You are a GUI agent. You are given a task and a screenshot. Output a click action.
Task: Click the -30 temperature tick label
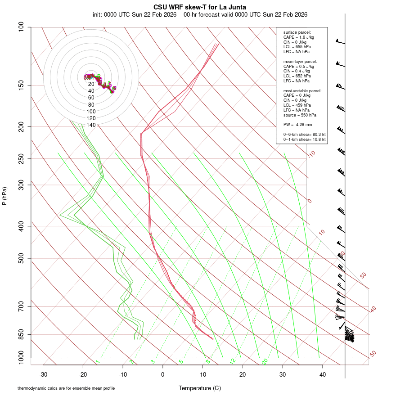[43, 374]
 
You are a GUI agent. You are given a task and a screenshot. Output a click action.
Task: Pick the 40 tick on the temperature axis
[322, 374]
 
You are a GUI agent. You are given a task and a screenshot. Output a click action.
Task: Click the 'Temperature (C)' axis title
[200, 388]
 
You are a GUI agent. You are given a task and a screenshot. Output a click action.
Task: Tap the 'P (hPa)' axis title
[4, 196]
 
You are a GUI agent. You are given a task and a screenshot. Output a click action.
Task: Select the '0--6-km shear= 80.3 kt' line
[304, 135]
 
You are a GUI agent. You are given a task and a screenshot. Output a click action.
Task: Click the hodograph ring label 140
[91, 125]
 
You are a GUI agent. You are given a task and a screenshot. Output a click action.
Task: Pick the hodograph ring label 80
[91, 104]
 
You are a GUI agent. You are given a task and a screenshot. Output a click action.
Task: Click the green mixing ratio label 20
[265, 361]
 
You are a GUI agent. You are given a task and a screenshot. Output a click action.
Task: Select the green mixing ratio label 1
[98, 361]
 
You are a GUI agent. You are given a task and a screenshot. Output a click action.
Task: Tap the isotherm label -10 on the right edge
[311, 154]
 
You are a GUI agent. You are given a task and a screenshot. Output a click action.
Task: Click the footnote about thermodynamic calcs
[66, 388]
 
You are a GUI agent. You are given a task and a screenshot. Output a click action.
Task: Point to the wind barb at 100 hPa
[341, 42]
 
